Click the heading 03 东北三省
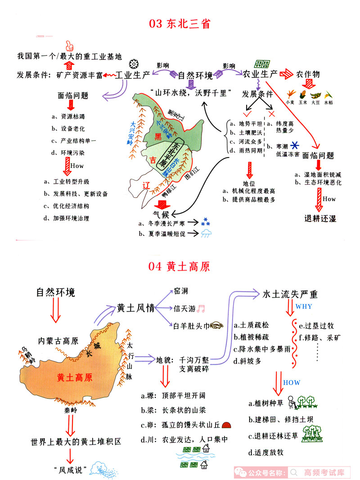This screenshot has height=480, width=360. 180,23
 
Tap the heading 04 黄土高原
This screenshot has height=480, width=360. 179,267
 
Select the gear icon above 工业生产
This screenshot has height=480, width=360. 133,63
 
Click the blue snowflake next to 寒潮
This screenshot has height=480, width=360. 295,145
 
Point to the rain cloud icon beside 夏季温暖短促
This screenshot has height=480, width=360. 207,233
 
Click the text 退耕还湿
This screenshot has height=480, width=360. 320,218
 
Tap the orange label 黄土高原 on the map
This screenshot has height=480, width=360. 75,377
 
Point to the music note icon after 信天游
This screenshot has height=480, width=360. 201,308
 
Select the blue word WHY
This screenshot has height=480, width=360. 304,307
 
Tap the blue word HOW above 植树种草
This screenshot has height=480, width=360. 292,382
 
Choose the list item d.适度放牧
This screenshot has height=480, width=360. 266,452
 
